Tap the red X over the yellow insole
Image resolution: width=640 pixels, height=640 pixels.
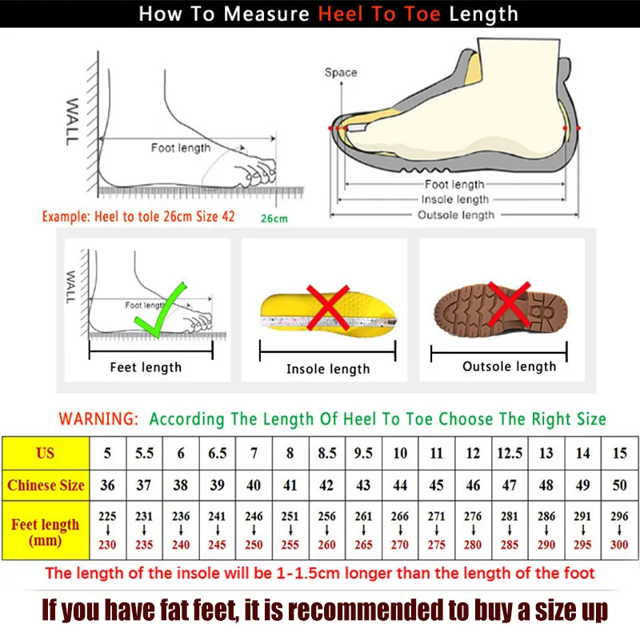[327, 307]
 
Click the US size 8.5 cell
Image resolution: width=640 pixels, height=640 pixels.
[326, 453]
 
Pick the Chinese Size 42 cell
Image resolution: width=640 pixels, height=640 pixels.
[326, 485]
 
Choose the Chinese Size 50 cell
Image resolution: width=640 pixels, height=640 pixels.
[619, 485]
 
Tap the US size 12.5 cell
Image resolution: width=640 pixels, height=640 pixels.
[509, 453]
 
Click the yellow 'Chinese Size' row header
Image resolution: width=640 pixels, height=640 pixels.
[46, 485]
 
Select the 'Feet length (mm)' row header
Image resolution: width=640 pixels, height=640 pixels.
[46, 532]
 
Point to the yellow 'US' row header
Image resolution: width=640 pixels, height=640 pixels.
[46, 453]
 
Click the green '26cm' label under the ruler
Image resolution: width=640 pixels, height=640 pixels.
[274, 218]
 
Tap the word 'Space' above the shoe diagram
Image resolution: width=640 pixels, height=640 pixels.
[341, 73]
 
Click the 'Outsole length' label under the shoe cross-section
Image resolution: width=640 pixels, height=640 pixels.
[456, 214]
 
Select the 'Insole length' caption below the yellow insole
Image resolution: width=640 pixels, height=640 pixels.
[328, 369]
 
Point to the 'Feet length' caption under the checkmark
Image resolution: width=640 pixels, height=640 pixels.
[146, 367]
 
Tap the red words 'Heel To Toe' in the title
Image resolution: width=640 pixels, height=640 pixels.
[382, 14]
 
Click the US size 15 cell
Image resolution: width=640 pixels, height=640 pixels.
[619, 453]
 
